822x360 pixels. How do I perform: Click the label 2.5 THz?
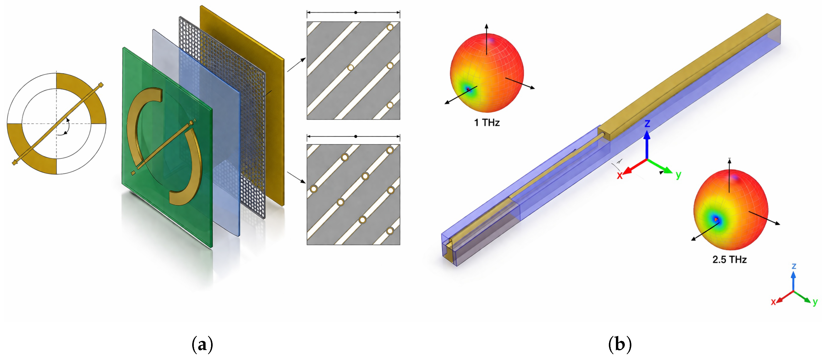point(730,259)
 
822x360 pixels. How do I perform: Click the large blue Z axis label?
point(647,124)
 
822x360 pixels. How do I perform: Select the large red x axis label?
point(620,175)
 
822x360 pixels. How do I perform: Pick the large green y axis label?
point(678,175)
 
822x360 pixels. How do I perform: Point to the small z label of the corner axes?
point(794,266)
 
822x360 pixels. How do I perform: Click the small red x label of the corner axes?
point(773,302)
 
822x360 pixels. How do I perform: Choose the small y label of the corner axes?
point(815,302)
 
